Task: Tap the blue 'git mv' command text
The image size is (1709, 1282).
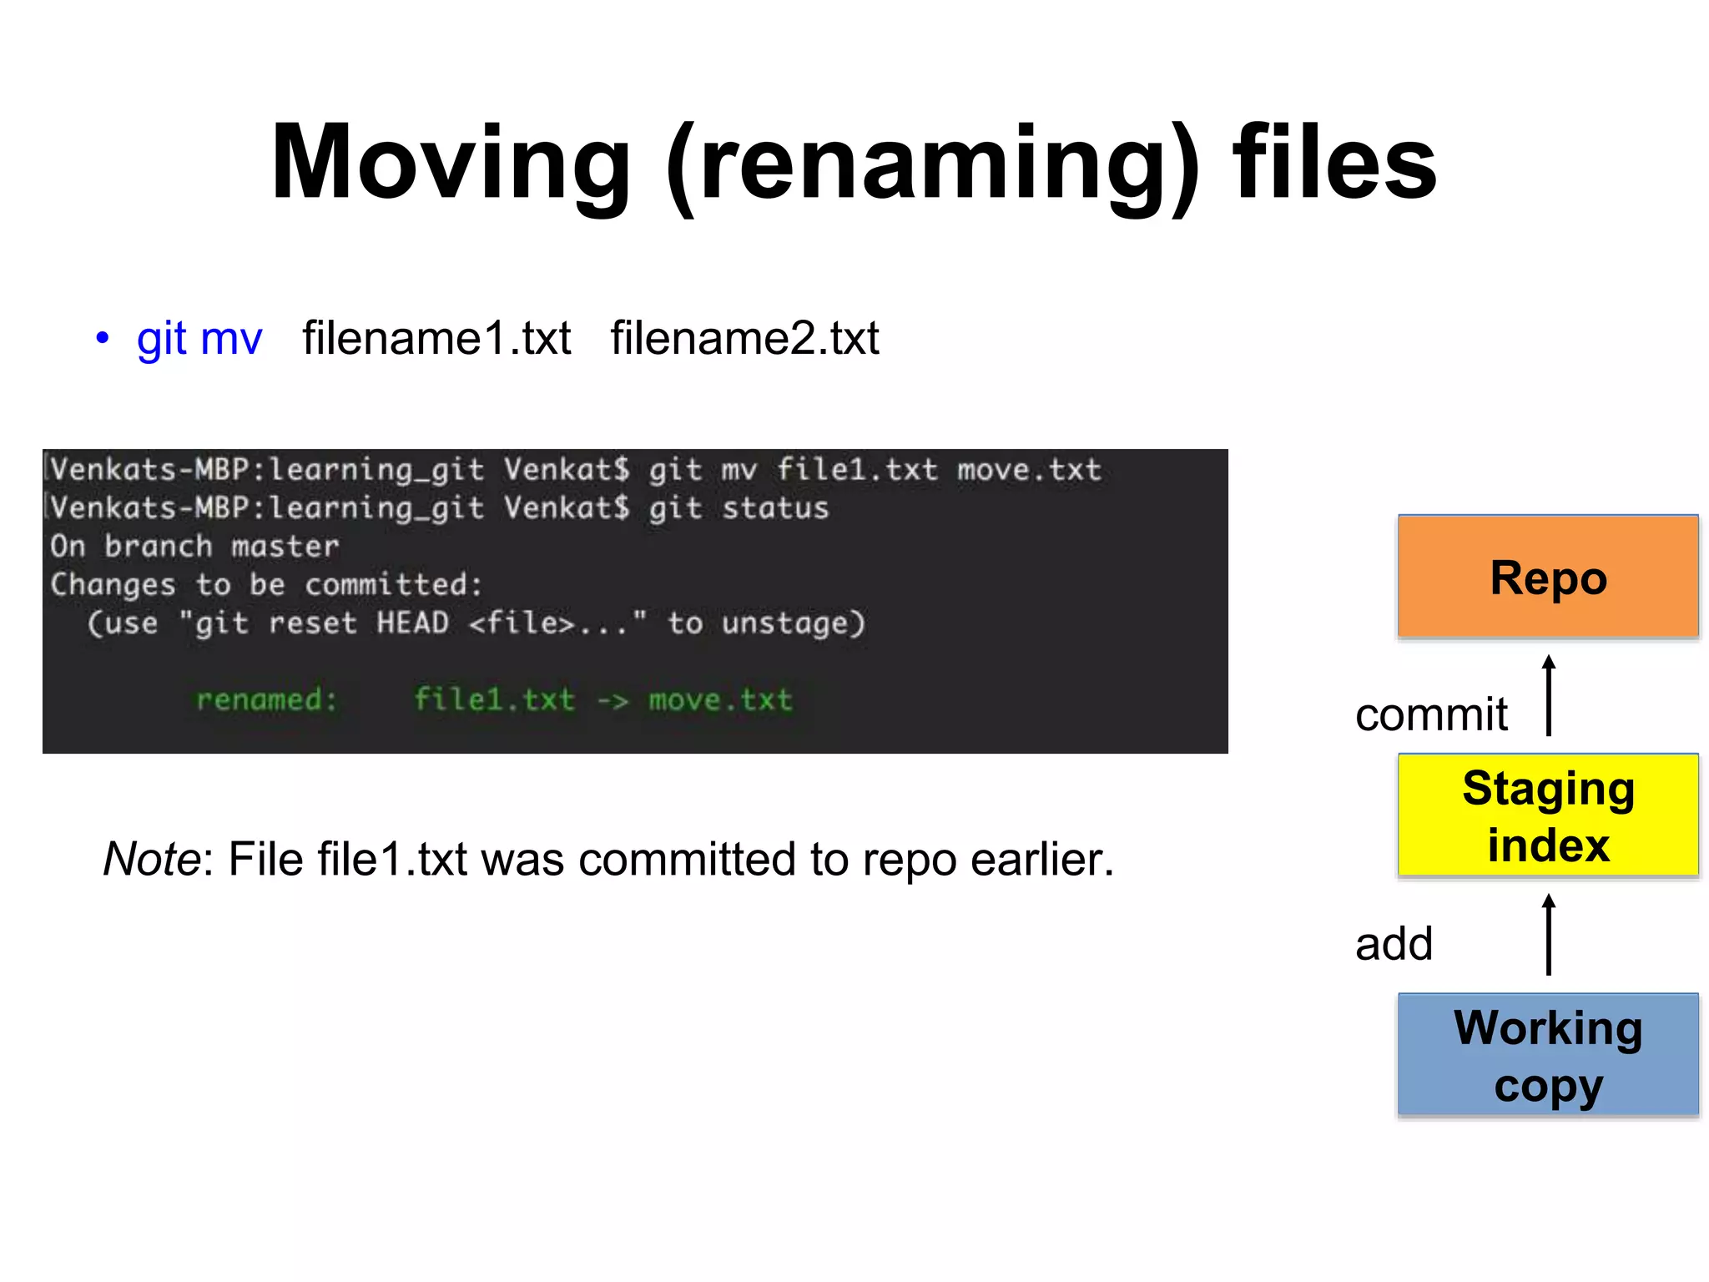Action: [199, 339]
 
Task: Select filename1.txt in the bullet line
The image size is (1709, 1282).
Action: [436, 339]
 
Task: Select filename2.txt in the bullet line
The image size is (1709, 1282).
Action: [744, 339]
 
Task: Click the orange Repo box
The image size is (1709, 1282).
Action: [1548, 577]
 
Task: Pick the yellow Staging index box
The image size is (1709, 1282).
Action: [1548, 815]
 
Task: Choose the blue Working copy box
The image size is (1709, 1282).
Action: [1548, 1054]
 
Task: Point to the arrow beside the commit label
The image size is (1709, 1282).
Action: [1549, 696]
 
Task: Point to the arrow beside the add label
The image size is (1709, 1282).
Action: [1549, 935]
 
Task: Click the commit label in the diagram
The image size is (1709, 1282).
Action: [1431, 715]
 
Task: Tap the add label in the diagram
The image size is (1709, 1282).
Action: [1394, 944]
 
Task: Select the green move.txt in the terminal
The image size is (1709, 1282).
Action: [720, 699]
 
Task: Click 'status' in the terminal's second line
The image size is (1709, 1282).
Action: [775, 508]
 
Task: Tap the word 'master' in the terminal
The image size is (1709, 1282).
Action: [285, 547]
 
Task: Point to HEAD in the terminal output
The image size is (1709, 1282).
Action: [412, 623]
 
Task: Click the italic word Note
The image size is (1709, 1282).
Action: [151, 859]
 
